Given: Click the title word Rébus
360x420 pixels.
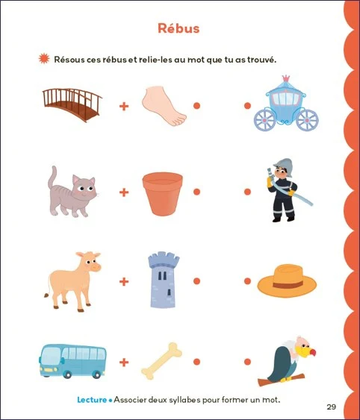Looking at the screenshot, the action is [x=179, y=28].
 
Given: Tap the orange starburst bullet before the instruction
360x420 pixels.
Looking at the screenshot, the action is [x=44, y=59].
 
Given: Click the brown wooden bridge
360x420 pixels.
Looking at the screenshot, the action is [x=72, y=104].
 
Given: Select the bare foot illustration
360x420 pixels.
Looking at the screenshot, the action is [x=164, y=105].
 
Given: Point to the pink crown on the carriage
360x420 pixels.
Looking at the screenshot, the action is [x=286, y=78].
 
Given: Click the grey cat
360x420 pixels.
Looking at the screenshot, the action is [x=72, y=193].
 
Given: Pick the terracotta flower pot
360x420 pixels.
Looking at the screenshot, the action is [x=163, y=193].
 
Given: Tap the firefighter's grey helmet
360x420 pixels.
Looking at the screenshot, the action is [x=285, y=166].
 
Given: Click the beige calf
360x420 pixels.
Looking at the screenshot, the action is [x=73, y=281].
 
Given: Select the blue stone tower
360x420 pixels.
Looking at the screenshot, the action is [x=164, y=280].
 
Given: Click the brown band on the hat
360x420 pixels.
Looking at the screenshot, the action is [x=288, y=284].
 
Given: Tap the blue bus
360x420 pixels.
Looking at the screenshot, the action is [x=72, y=361].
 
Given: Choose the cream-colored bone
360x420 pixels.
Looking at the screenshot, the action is [x=161, y=361].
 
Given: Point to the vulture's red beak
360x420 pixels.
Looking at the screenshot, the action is [x=312, y=352].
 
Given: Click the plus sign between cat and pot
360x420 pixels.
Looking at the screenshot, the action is [x=124, y=192].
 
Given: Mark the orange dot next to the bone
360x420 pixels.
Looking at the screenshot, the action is [x=196, y=362].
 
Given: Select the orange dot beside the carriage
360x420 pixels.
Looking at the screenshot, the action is [x=247, y=106].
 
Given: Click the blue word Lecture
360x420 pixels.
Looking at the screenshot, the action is [x=92, y=400].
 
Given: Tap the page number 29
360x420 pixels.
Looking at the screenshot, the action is [x=332, y=407].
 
